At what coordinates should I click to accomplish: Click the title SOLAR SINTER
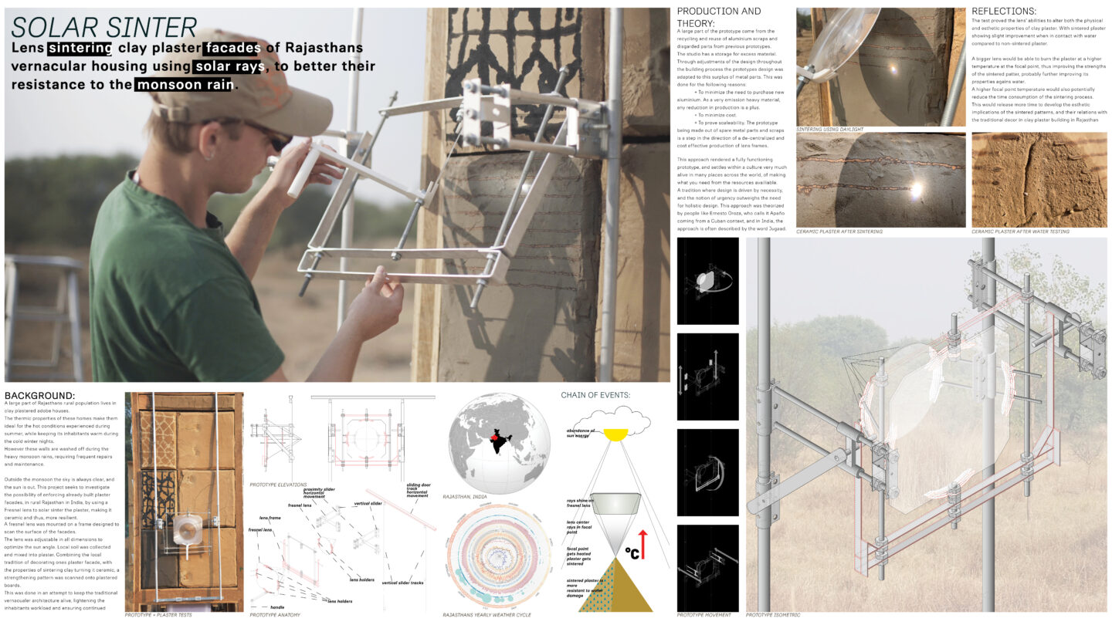(104, 27)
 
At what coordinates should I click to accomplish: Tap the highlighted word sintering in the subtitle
(80, 49)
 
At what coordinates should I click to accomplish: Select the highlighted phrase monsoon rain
(185, 84)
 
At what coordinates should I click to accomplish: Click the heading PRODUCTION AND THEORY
(718, 16)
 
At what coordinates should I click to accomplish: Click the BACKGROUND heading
(39, 396)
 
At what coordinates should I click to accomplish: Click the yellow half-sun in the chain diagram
(615, 435)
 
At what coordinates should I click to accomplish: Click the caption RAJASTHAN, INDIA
(470, 497)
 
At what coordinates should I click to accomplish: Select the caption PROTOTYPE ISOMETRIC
(773, 615)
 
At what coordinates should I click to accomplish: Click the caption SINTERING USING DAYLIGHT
(829, 129)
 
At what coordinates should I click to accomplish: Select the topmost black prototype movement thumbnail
(707, 281)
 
